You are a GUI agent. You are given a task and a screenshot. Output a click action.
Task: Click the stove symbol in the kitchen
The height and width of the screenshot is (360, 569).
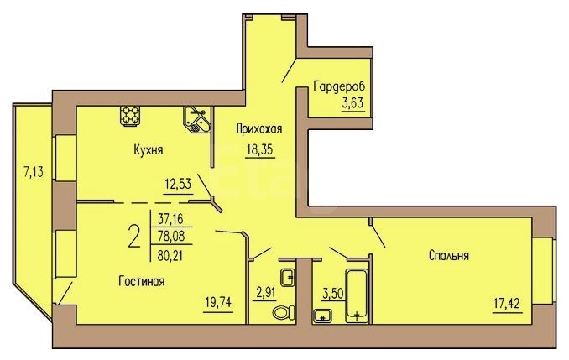click(x=130, y=116)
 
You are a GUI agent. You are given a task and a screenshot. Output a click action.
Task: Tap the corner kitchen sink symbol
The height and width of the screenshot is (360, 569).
click(x=196, y=119)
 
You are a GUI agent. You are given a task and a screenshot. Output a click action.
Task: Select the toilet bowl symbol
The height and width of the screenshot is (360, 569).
click(x=284, y=311)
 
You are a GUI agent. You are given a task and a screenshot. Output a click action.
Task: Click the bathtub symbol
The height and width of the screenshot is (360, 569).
click(x=358, y=295)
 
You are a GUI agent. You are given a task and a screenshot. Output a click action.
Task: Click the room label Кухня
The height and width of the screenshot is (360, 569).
click(x=148, y=149)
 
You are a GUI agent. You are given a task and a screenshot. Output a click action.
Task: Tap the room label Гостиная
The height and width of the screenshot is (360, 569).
click(x=142, y=281)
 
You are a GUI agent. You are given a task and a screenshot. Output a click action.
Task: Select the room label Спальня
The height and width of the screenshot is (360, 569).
click(x=448, y=255)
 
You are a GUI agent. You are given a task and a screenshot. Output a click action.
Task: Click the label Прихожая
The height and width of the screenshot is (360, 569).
click(x=258, y=129)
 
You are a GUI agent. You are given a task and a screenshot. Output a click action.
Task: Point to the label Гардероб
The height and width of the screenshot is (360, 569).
click(x=339, y=86)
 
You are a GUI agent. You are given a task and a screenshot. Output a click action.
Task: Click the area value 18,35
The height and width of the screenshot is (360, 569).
click(x=259, y=149)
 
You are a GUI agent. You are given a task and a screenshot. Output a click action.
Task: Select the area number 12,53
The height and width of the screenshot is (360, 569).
click(x=178, y=184)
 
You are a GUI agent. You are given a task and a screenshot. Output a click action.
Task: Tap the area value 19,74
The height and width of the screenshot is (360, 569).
click(x=218, y=302)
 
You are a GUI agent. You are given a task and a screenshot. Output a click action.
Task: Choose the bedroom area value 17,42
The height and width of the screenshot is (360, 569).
click(x=508, y=302)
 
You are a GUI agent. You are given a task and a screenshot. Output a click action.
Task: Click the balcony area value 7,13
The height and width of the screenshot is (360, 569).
click(x=34, y=172)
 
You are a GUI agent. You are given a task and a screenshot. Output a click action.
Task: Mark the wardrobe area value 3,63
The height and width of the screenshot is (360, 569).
click(x=352, y=103)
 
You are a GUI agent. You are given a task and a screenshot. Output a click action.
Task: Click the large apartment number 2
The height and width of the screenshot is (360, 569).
click(x=134, y=236)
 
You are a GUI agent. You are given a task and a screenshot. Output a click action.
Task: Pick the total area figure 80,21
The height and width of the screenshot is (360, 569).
click(x=170, y=257)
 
